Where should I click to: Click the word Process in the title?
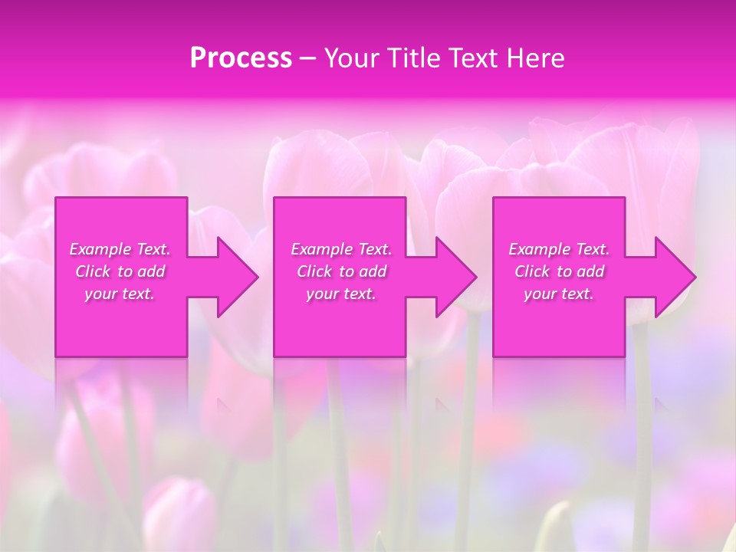click(241, 58)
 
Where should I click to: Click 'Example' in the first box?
click(99, 249)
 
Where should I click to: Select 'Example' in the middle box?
click(320, 249)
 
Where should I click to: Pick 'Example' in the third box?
click(538, 249)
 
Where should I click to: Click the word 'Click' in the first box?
click(93, 271)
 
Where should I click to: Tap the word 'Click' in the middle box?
click(314, 271)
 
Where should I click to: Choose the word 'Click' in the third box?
click(532, 271)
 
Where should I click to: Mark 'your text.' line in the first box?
click(120, 294)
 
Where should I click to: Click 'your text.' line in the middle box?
click(341, 294)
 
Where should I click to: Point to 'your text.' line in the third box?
click(559, 294)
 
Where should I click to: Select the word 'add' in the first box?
click(151, 271)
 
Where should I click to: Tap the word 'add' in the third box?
click(590, 271)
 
